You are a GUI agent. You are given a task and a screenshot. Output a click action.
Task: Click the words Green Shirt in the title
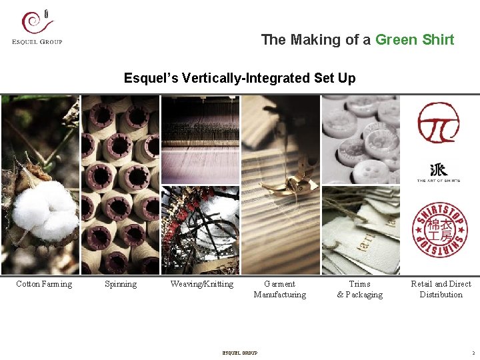click(x=415, y=39)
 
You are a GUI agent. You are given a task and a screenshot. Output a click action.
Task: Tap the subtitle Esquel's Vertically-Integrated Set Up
click(x=239, y=78)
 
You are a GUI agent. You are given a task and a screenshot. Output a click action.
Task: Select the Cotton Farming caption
click(x=44, y=284)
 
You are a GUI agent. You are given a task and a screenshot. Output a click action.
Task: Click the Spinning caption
click(x=121, y=284)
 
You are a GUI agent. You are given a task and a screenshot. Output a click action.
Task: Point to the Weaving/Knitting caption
click(x=201, y=284)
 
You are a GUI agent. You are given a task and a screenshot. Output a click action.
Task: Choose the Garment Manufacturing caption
click(x=280, y=289)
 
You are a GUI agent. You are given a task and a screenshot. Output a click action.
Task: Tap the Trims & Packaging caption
click(x=360, y=289)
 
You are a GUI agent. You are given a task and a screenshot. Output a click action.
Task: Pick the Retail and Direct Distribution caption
click(x=441, y=289)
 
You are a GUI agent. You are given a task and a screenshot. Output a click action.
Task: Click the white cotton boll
click(x=41, y=210)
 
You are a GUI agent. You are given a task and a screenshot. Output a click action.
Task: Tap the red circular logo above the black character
click(x=438, y=123)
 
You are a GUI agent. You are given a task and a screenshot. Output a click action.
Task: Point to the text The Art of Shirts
click(x=438, y=180)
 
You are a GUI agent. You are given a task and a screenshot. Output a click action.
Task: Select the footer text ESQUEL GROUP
click(x=239, y=353)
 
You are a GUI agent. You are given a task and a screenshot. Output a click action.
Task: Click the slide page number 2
click(x=473, y=353)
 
